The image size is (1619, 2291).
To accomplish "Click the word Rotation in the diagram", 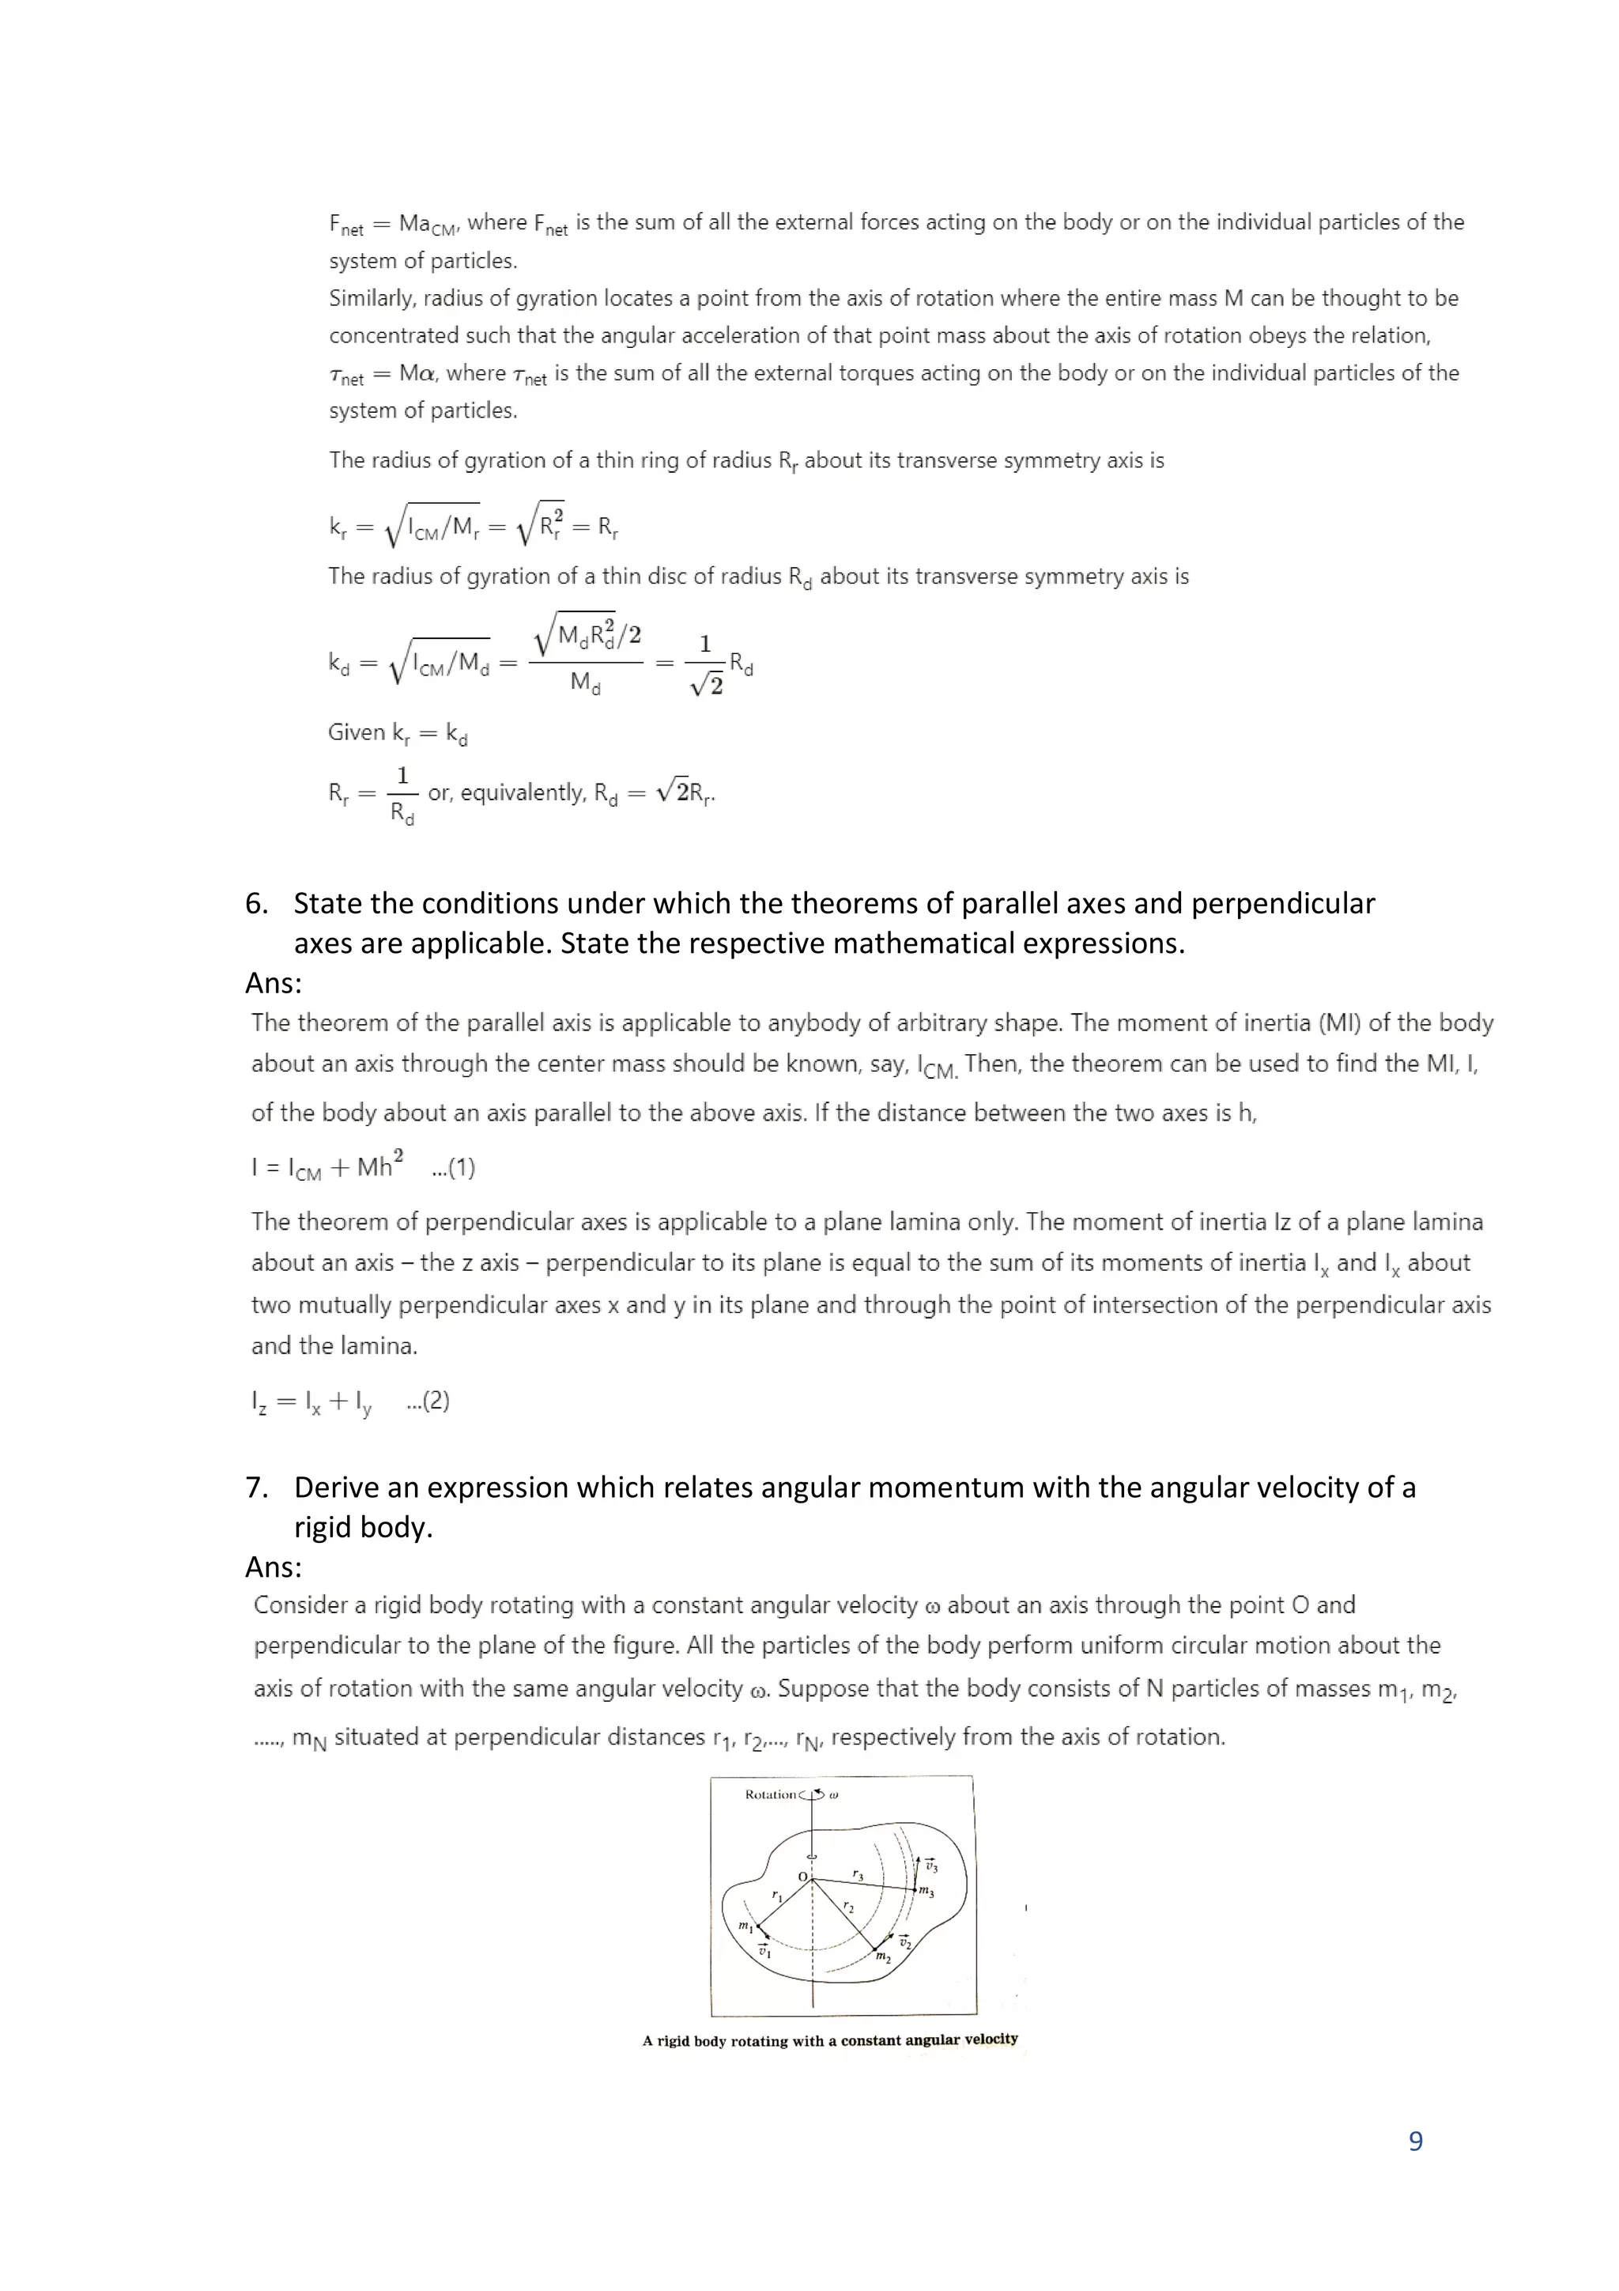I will click(x=770, y=1794).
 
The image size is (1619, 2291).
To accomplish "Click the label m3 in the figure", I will click(x=926, y=1891).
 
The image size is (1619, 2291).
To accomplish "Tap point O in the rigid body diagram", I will click(x=803, y=1877).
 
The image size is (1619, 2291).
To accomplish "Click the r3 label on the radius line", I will click(x=858, y=1876).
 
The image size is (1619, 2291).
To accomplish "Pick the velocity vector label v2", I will click(x=905, y=1941).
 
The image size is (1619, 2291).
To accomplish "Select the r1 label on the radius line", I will click(x=777, y=1894).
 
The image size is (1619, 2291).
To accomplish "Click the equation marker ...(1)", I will click(x=453, y=1167).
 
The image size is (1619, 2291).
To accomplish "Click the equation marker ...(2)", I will click(x=428, y=1401).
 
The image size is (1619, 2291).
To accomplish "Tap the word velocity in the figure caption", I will click(x=991, y=2040).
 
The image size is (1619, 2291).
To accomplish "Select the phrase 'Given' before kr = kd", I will click(x=356, y=732).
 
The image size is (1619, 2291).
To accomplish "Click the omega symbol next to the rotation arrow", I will click(x=834, y=1794).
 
